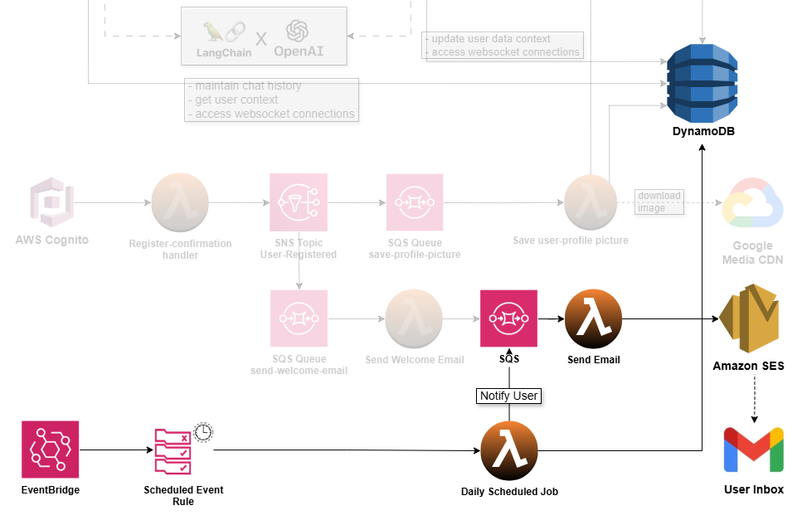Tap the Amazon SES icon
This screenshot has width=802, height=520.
[748, 319]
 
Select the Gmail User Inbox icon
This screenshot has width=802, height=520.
[753, 450]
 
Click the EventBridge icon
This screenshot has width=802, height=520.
[50, 450]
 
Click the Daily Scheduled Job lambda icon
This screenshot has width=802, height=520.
[509, 450]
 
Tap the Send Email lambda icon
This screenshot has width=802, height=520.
[593, 318]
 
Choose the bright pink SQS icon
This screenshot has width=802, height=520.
[509, 318]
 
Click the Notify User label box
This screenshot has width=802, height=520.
[509, 396]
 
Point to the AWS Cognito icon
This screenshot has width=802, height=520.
[51, 202]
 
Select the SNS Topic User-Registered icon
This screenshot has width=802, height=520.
[299, 202]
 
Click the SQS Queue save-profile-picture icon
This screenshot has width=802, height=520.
[415, 202]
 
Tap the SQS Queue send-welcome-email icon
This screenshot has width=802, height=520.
[299, 318]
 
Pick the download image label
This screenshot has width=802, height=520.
[659, 202]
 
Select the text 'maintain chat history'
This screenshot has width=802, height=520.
[248, 85]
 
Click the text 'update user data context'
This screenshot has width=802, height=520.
[491, 39]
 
